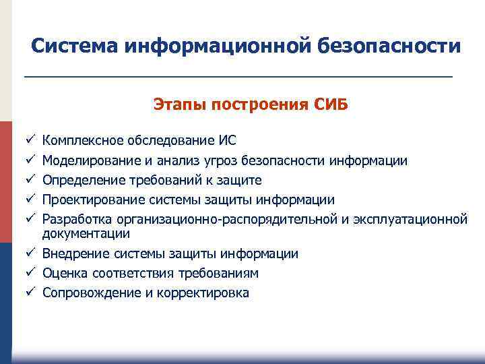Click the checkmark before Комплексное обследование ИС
tap(30, 141)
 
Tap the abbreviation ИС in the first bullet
tap(227, 141)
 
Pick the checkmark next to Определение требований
tap(30, 180)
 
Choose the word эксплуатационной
tap(409, 219)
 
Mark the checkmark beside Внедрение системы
tap(30, 253)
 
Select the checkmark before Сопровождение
tap(30, 293)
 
